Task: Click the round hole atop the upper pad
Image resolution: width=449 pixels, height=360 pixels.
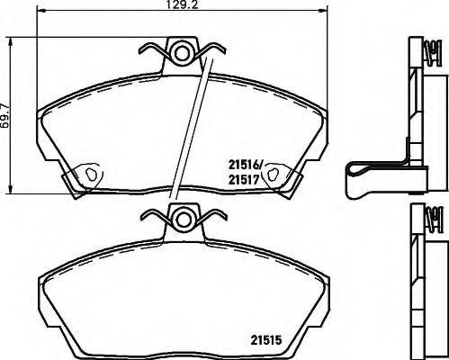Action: (x=183, y=54)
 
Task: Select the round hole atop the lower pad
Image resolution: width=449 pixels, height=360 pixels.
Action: (x=184, y=219)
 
